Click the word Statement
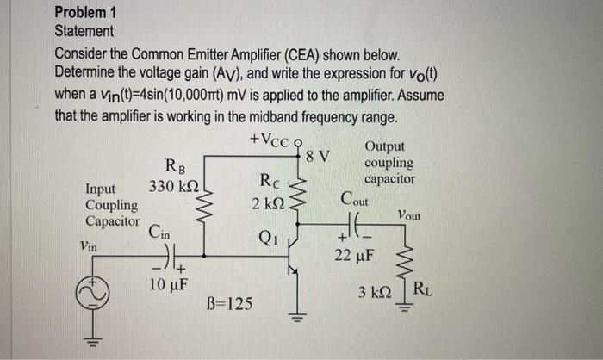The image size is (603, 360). point(84,31)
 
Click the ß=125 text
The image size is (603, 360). point(230,304)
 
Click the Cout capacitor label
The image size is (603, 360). point(354,200)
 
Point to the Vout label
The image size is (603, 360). point(409,216)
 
